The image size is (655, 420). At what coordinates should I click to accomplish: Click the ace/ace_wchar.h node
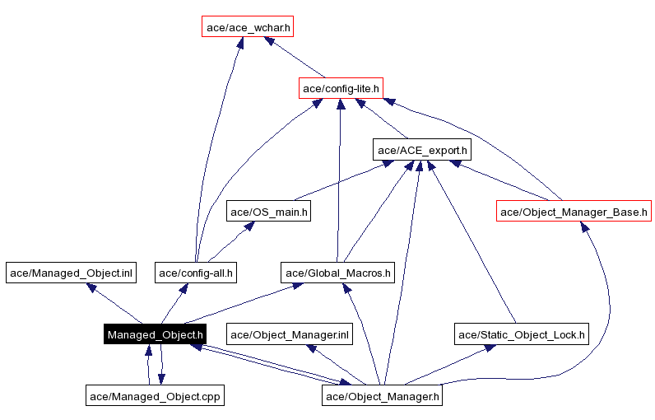click(248, 27)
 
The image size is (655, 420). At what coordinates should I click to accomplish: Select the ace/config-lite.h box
click(341, 88)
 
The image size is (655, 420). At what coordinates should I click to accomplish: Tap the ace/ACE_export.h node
click(422, 150)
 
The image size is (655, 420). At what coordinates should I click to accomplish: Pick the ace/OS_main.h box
click(268, 212)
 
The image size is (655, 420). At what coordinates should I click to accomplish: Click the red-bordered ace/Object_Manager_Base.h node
click(574, 212)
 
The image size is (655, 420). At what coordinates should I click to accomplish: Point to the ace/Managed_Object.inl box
click(70, 273)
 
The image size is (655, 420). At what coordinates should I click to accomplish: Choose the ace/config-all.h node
click(197, 273)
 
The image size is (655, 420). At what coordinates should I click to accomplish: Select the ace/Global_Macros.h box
click(338, 273)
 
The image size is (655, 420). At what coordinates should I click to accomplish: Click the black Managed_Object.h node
click(155, 334)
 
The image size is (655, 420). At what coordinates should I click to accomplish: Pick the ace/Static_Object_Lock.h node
click(522, 334)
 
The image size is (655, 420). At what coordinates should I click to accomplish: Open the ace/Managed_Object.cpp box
click(156, 396)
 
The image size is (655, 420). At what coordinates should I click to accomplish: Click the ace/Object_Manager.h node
click(383, 396)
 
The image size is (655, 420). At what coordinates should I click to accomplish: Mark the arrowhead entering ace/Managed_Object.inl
click(93, 287)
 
